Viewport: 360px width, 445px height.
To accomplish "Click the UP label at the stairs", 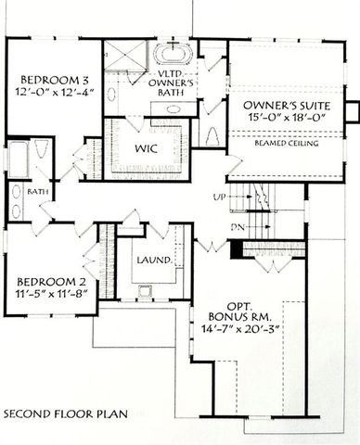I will coord(220,198).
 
